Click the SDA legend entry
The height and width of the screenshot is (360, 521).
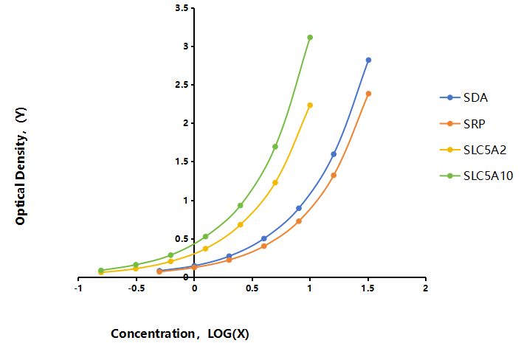[463, 97]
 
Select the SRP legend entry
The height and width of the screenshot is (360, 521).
[462, 124]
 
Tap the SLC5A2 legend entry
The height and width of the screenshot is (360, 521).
[473, 150]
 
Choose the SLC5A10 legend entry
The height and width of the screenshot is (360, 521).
[476, 176]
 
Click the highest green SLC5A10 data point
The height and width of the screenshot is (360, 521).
[310, 38]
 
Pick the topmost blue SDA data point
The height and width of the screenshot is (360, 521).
[368, 60]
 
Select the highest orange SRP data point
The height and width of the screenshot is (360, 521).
[368, 94]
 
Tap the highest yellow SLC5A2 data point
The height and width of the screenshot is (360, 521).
[310, 105]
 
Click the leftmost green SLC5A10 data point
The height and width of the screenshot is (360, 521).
[101, 270]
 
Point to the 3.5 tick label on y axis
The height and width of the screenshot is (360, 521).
[182, 8]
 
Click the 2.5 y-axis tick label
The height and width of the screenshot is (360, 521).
[182, 85]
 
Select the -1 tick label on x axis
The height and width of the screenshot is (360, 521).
[78, 288]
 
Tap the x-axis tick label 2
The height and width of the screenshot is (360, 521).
[426, 288]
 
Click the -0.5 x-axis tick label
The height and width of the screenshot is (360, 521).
[137, 288]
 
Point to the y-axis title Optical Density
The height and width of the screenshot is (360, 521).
[21, 166]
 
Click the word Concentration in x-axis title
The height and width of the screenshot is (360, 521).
[153, 333]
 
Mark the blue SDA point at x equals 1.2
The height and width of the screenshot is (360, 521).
[334, 154]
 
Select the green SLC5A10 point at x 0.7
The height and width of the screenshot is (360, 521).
[275, 147]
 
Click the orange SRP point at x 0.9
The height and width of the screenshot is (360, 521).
[299, 221]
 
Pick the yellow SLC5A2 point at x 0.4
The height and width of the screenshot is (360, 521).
[241, 225]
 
